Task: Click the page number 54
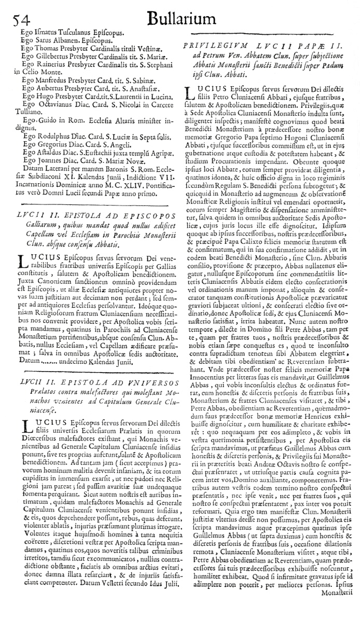19,19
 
